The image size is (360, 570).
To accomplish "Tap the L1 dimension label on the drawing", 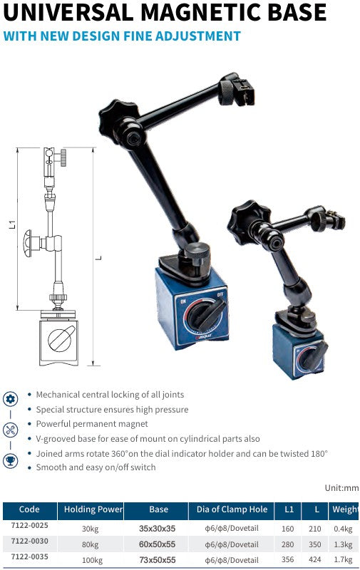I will (13, 224).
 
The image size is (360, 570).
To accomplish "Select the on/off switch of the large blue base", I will (207, 316).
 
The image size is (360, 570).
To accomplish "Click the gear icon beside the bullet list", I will (11, 398).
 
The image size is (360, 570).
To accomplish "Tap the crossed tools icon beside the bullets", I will (11, 430).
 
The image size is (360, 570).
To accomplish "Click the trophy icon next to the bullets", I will (11, 461).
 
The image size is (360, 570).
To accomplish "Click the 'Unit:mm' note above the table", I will (341, 488).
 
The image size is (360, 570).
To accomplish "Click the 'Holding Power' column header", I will (93, 509).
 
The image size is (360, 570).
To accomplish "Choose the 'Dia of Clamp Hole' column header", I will (232, 509).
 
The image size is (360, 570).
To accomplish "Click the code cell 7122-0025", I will (29, 526).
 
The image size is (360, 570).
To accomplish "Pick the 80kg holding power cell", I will (89, 542).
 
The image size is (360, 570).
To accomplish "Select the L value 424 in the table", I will (315, 559).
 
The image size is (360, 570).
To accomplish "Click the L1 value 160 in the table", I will (287, 528).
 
